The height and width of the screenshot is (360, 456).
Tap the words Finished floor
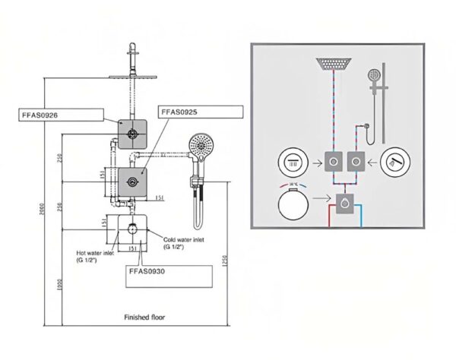click(x=144, y=317)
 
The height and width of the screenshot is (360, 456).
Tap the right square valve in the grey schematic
click(x=354, y=161)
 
